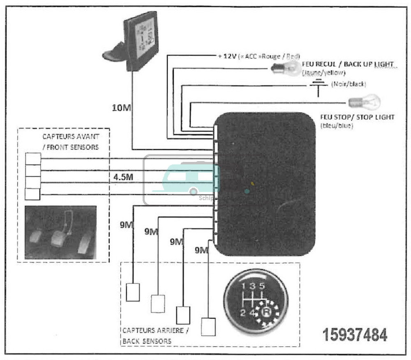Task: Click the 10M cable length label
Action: tap(122, 108)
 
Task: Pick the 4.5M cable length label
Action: tap(124, 177)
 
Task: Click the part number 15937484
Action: tap(355, 335)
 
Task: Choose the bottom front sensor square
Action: tap(32, 194)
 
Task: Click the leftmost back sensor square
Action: tap(133, 292)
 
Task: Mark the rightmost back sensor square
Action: tap(208, 327)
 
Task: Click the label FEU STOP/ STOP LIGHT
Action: tap(357, 117)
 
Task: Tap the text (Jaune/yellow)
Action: tap(323, 73)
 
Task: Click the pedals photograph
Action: tap(60, 233)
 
